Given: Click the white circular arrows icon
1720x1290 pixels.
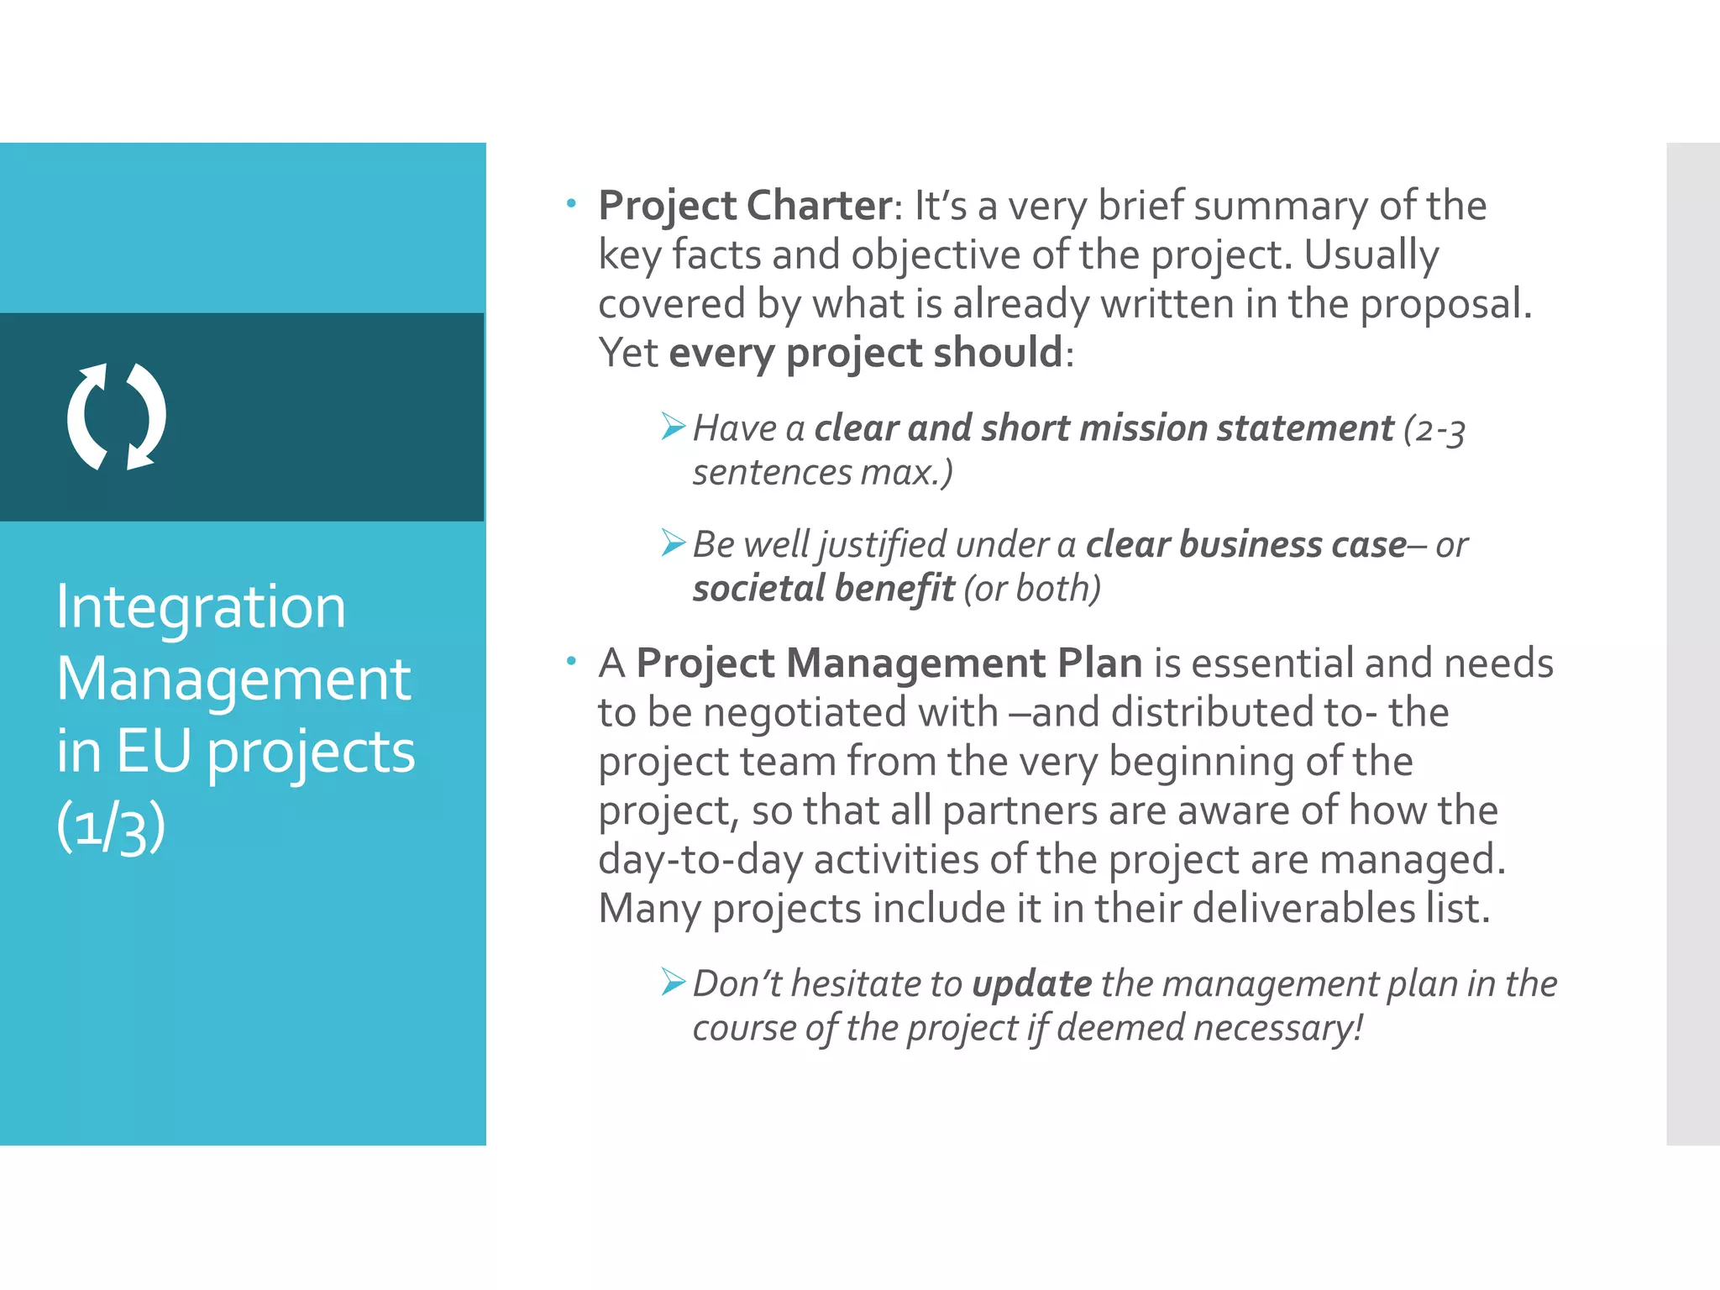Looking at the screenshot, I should [117, 417].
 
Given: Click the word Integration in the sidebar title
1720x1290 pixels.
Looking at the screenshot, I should [201, 608].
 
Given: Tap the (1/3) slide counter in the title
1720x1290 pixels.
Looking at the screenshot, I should [111, 826].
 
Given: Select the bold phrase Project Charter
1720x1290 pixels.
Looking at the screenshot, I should [745, 206].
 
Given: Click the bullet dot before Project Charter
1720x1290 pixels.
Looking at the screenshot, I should [571, 203].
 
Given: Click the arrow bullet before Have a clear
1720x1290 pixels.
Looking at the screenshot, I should [673, 427].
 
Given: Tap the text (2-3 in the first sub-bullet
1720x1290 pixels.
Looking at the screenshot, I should [1434, 430].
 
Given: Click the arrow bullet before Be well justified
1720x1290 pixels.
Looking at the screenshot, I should [673, 543].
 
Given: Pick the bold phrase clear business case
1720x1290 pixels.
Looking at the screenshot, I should [1246, 545].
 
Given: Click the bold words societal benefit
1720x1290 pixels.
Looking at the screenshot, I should [823, 589].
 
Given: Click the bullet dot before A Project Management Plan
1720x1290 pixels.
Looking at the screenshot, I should [571, 662].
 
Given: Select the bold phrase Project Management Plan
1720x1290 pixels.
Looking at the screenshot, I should [889, 663].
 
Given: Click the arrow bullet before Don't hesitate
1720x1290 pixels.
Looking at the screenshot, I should [673, 982].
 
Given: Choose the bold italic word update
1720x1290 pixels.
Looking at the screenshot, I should [1031, 984].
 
